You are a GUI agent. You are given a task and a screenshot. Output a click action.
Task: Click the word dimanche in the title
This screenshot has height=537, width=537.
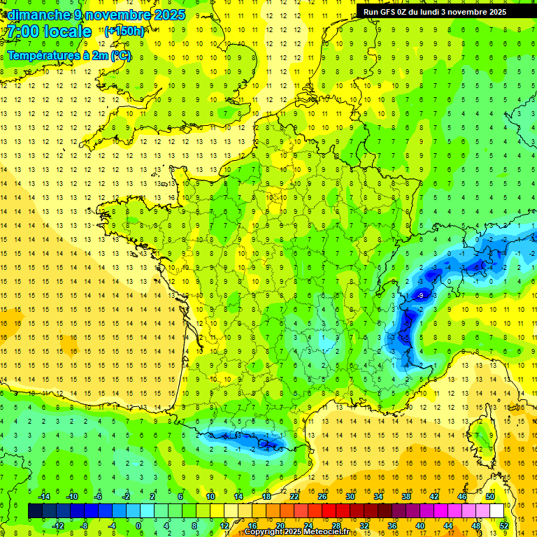[x=36, y=14]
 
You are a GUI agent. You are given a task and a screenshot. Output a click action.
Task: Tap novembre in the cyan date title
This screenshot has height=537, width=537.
[x=115, y=14]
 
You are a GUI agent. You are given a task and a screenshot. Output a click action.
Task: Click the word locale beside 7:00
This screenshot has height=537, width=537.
[x=66, y=31]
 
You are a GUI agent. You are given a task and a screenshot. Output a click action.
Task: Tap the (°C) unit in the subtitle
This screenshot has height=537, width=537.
[x=120, y=56]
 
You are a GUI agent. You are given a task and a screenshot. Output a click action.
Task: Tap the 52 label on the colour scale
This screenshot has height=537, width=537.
[x=503, y=525]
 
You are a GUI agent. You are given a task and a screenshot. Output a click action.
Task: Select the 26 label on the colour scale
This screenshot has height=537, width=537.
[x=322, y=496]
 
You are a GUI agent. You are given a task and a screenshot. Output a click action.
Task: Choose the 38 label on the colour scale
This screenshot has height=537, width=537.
[x=406, y=496]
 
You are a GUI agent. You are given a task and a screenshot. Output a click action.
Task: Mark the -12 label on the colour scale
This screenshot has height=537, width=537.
[x=58, y=525]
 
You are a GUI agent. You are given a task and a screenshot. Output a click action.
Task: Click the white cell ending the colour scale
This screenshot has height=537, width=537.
[x=496, y=511]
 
